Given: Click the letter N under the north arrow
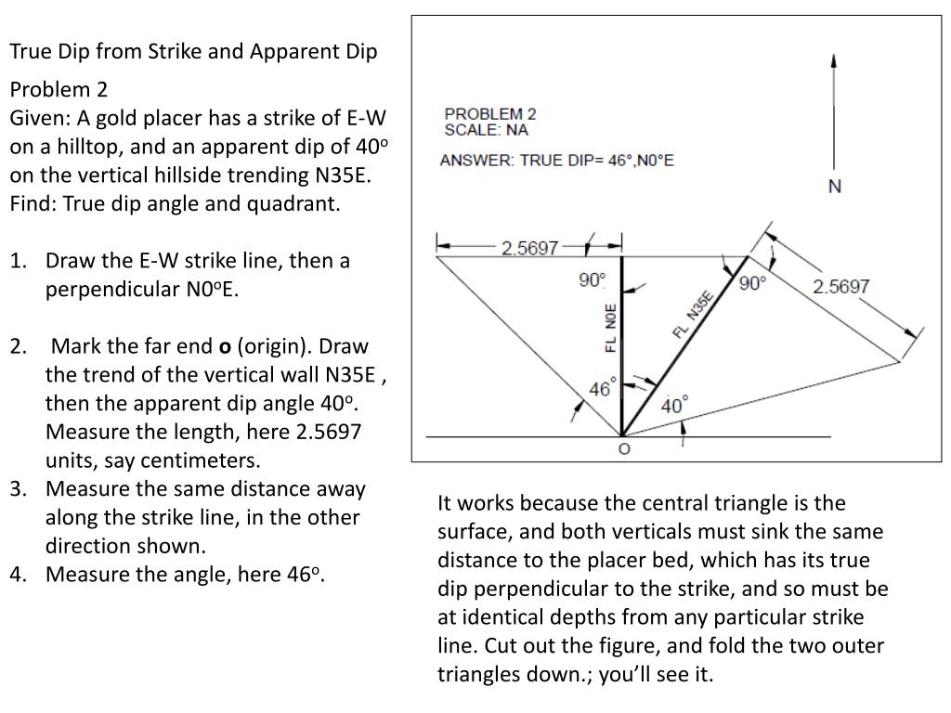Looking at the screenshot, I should (x=835, y=187).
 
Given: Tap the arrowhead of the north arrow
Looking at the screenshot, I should (x=835, y=59).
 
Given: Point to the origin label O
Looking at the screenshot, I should (x=623, y=449).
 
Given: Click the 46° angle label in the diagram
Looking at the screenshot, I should (x=600, y=389).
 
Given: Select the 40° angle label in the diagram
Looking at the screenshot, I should (x=675, y=406).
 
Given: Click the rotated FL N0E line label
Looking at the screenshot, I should (x=610, y=328).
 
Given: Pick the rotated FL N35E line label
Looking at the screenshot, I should (x=693, y=315).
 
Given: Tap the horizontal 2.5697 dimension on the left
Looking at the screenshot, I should (x=529, y=248).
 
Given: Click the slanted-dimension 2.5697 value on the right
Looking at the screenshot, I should (x=841, y=286).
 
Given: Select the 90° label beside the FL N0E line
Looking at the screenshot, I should (x=592, y=279).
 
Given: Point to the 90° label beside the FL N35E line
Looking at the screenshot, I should (x=753, y=282).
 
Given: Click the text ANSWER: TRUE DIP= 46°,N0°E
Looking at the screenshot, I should (x=557, y=161).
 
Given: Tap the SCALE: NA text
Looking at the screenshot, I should (x=486, y=130).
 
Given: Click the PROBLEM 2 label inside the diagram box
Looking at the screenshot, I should (x=490, y=114).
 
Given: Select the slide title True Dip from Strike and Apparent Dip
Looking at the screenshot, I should (x=193, y=51).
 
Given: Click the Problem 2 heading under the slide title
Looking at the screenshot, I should (x=59, y=89).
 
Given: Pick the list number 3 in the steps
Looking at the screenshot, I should (x=18, y=489).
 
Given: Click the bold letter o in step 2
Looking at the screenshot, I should (x=224, y=346).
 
